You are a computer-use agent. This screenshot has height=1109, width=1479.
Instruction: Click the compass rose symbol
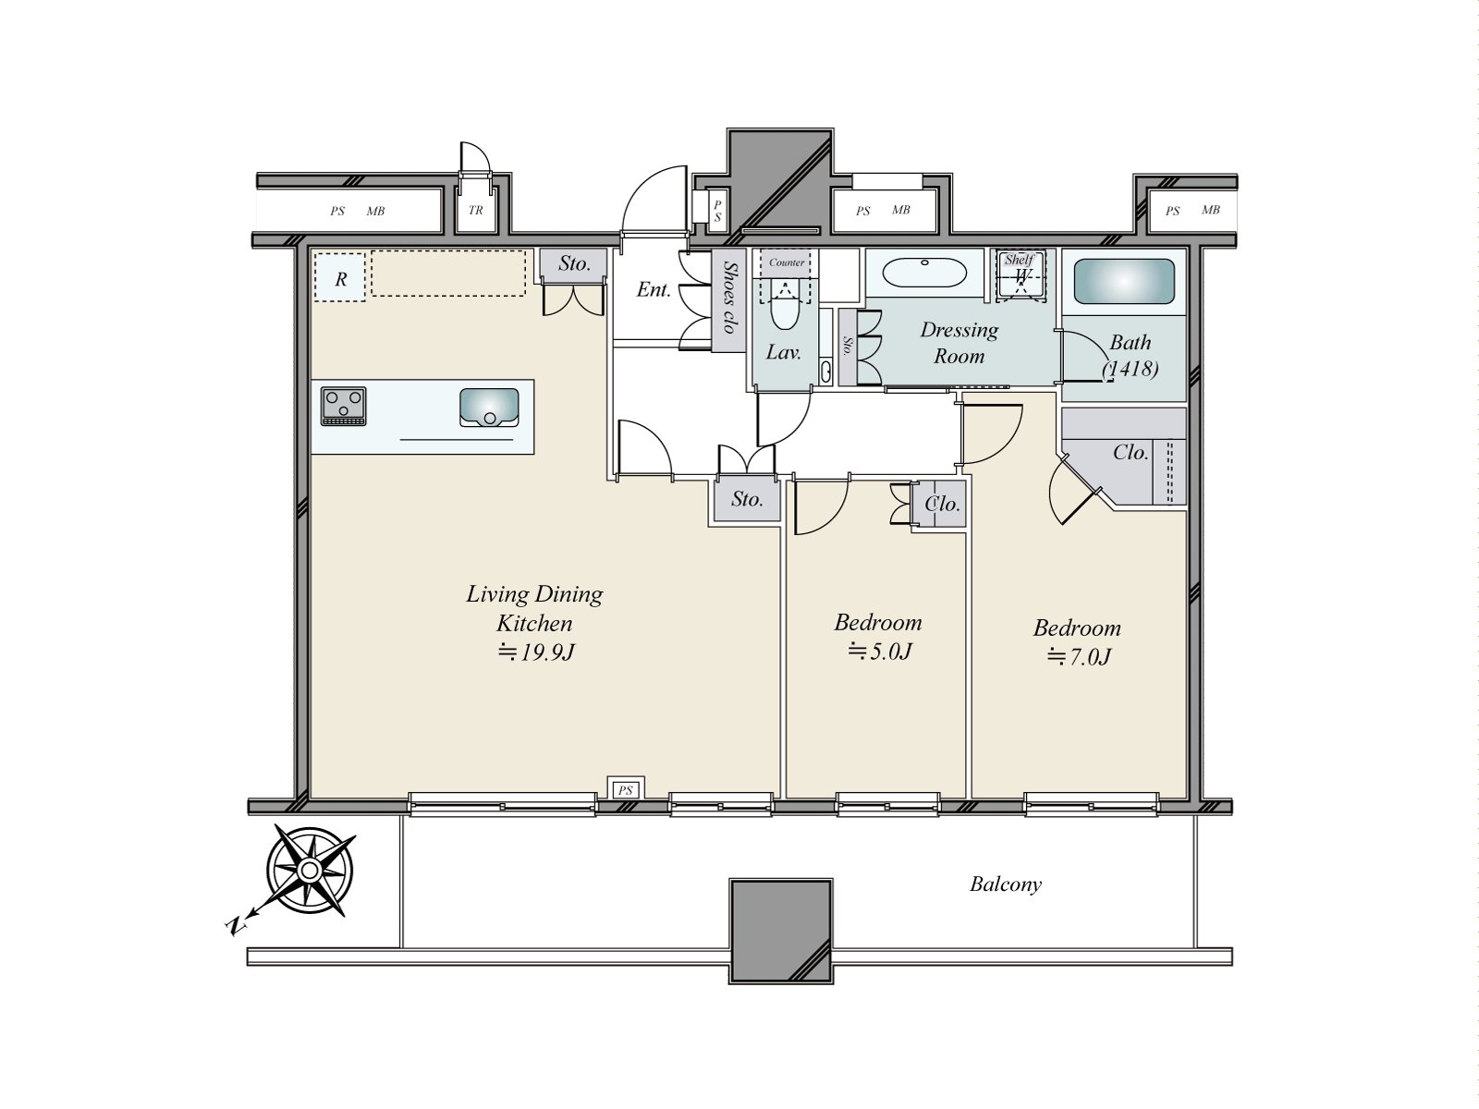point(310,871)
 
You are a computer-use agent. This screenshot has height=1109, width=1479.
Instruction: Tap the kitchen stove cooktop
point(344,406)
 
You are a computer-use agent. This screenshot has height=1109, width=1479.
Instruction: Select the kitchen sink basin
point(489,408)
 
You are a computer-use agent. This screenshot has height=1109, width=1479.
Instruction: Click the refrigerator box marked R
point(340,277)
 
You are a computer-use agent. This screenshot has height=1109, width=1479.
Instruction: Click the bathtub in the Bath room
point(1124,281)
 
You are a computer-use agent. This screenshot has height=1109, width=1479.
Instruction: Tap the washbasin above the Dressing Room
point(924,274)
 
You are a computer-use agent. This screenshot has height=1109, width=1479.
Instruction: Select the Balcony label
point(1006,884)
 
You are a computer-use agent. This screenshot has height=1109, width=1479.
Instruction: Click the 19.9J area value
point(535,652)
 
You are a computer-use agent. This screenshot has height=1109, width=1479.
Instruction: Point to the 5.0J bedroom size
point(879,652)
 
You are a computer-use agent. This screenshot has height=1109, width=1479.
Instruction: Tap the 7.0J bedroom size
point(1078,656)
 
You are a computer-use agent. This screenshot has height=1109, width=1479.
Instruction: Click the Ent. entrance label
point(654,290)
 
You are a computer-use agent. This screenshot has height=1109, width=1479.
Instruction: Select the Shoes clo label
point(729,297)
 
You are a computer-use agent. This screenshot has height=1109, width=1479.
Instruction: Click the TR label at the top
point(476,210)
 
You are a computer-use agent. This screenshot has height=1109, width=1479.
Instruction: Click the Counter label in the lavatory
point(787,262)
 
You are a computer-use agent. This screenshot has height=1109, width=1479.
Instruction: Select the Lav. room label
point(784,352)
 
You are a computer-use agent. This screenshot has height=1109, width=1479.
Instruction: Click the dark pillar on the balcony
point(781,932)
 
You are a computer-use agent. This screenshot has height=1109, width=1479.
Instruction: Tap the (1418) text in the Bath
point(1130,369)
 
